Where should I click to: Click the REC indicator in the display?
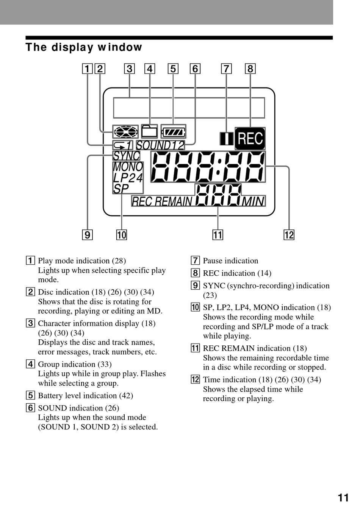(250, 138)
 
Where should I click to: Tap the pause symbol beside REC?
(227, 139)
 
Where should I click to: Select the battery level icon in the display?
(174, 132)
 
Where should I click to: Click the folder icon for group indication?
(149, 131)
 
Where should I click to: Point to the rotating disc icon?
(125, 132)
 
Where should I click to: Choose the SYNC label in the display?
(127, 156)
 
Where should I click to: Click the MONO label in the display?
(128, 167)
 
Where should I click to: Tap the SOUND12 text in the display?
(160, 145)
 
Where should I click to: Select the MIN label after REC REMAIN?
(253, 201)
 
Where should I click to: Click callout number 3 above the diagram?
(130, 69)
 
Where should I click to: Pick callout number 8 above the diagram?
(250, 69)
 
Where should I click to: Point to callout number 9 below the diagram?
(88, 235)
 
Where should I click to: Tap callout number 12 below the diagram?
(289, 235)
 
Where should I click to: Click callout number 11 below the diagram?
(218, 235)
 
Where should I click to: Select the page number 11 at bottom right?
(343, 498)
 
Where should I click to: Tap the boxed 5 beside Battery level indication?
(30, 395)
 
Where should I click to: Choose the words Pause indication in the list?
(230, 261)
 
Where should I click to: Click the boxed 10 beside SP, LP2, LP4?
(195, 307)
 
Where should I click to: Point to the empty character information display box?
(189, 108)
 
